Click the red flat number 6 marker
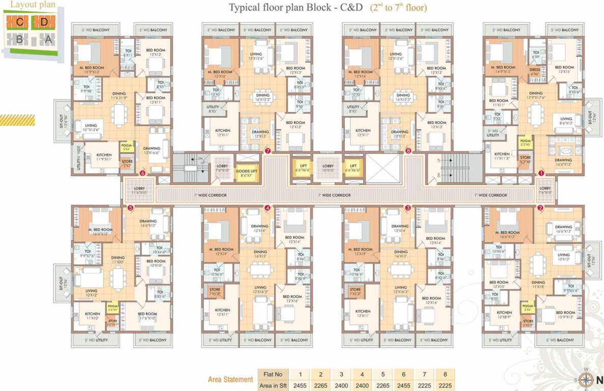(x=143, y=173)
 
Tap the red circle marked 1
(x=541, y=173)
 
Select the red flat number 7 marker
(x=267, y=151)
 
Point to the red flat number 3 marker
(x=407, y=208)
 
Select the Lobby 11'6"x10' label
(x=140, y=191)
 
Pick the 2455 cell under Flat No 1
(x=300, y=386)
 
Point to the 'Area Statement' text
(x=230, y=379)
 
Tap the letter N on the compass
(x=599, y=379)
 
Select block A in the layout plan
(x=48, y=39)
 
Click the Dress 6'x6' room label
(x=535, y=72)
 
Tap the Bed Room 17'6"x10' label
(x=148, y=316)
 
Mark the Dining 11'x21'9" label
(x=119, y=96)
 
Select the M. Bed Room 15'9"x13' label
(x=92, y=70)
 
